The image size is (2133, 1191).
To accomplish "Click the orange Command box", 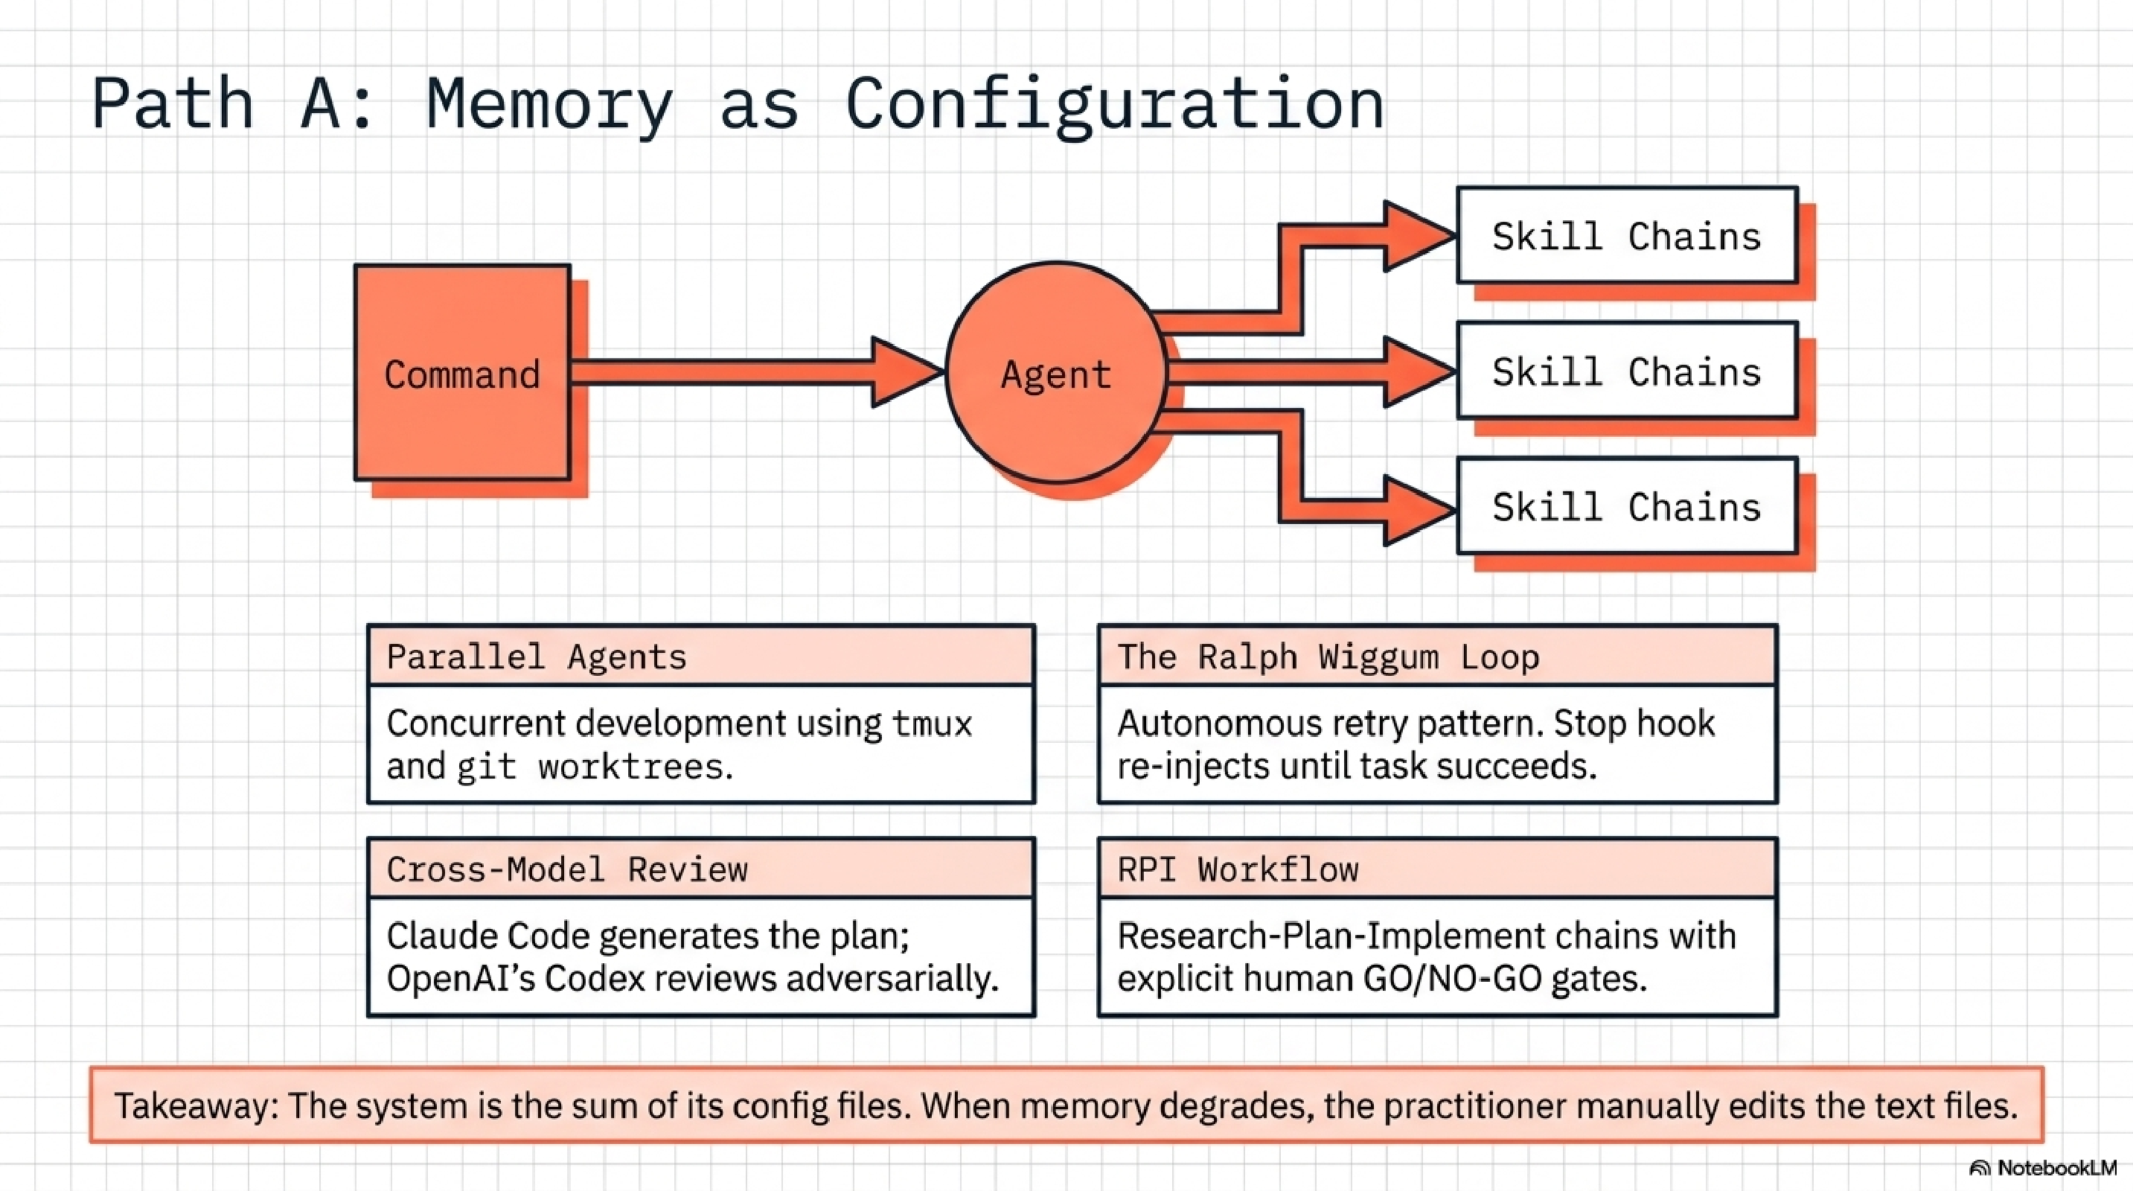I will (x=462, y=373).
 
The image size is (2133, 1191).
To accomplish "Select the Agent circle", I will (x=1056, y=373).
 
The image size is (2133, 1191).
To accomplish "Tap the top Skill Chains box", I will (x=1626, y=236).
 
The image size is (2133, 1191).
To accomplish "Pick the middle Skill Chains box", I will (x=1626, y=371).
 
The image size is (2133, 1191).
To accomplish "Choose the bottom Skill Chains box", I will (x=1626, y=506).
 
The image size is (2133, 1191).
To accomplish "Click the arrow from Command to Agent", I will (x=745, y=372).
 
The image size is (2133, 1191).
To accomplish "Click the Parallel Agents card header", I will (x=700, y=656).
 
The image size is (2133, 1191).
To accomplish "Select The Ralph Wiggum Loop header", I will (x=1436, y=656).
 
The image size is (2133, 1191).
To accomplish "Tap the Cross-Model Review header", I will (x=700, y=869).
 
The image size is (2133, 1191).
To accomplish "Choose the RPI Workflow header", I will (x=1436, y=869).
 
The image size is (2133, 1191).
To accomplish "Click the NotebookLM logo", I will (x=2044, y=1168).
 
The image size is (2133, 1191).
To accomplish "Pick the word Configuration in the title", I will (x=1113, y=103).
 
